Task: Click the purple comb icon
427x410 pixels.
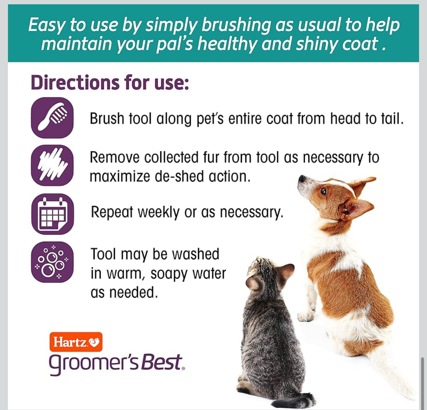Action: tap(52, 118)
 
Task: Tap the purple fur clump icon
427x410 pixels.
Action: tap(52, 165)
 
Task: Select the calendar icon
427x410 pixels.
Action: tap(52, 214)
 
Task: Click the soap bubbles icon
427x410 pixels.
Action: tap(52, 262)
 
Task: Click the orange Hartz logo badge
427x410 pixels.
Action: tap(76, 342)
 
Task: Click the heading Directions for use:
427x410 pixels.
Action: tap(110, 82)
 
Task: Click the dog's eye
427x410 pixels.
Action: tap(324, 191)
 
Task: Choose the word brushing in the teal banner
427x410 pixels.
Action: tap(236, 25)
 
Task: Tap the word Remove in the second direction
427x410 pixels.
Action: tap(115, 157)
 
